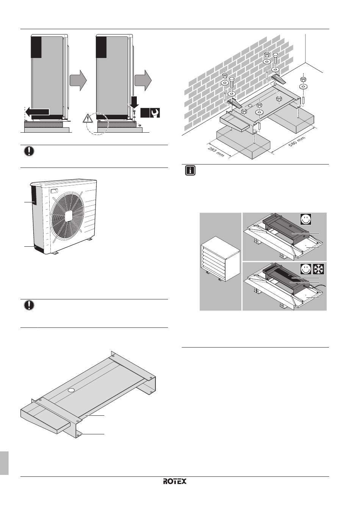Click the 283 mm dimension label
[216, 152]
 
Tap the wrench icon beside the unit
[155, 113]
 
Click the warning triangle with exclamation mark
[88, 119]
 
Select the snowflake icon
[319, 269]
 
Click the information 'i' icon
[190, 171]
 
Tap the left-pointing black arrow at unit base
[37, 112]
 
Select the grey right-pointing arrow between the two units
[78, 80]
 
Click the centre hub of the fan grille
[68, 216]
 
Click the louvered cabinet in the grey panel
[220, 259]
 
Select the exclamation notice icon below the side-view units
[29, 151]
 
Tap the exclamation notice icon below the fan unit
[29, 305]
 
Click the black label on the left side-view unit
[36, 47]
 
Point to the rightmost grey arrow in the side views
[143, 80]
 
